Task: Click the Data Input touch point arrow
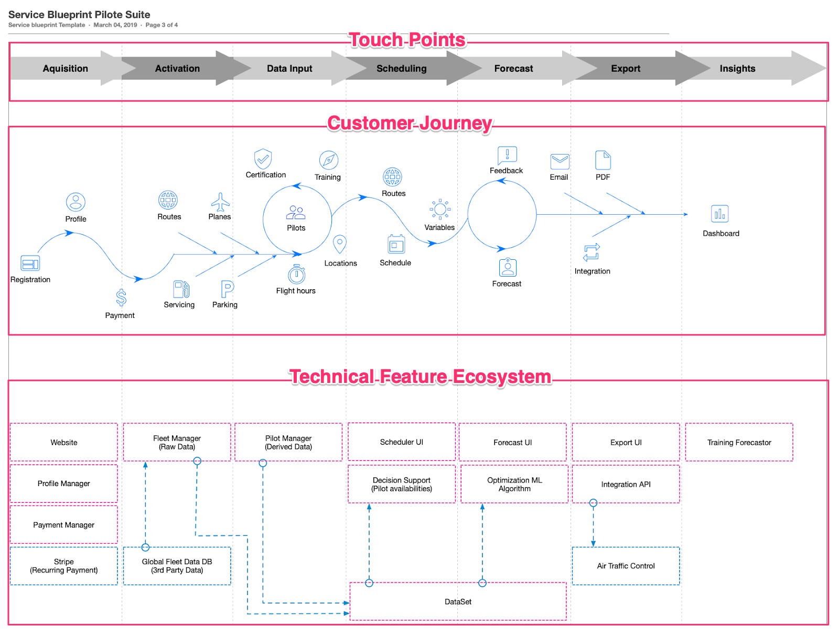tap(289, 69)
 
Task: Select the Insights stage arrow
tap(737, 69)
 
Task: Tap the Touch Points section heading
tap(407, 40)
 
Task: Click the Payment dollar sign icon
tap(121, 298)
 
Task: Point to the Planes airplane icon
tap(220, 202)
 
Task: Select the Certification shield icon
tap(263, 159)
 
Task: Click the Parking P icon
tap(227, 289)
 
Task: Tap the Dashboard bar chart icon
tap(720, 214)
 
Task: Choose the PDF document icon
tap(603, 160)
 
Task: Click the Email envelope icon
tap(560, 161)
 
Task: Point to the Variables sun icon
tap(440, 210)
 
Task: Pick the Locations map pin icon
tap(340, 244)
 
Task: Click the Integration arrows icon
tap(591, 252)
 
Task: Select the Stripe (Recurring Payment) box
tap(64, 566)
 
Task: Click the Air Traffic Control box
tap(626, 566)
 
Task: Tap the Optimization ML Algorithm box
tap(514, 484)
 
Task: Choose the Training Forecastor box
tap(739, 442)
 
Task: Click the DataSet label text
tap(458, 602)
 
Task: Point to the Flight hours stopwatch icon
tap(296, 274)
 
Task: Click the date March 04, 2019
tap(115, 25)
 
